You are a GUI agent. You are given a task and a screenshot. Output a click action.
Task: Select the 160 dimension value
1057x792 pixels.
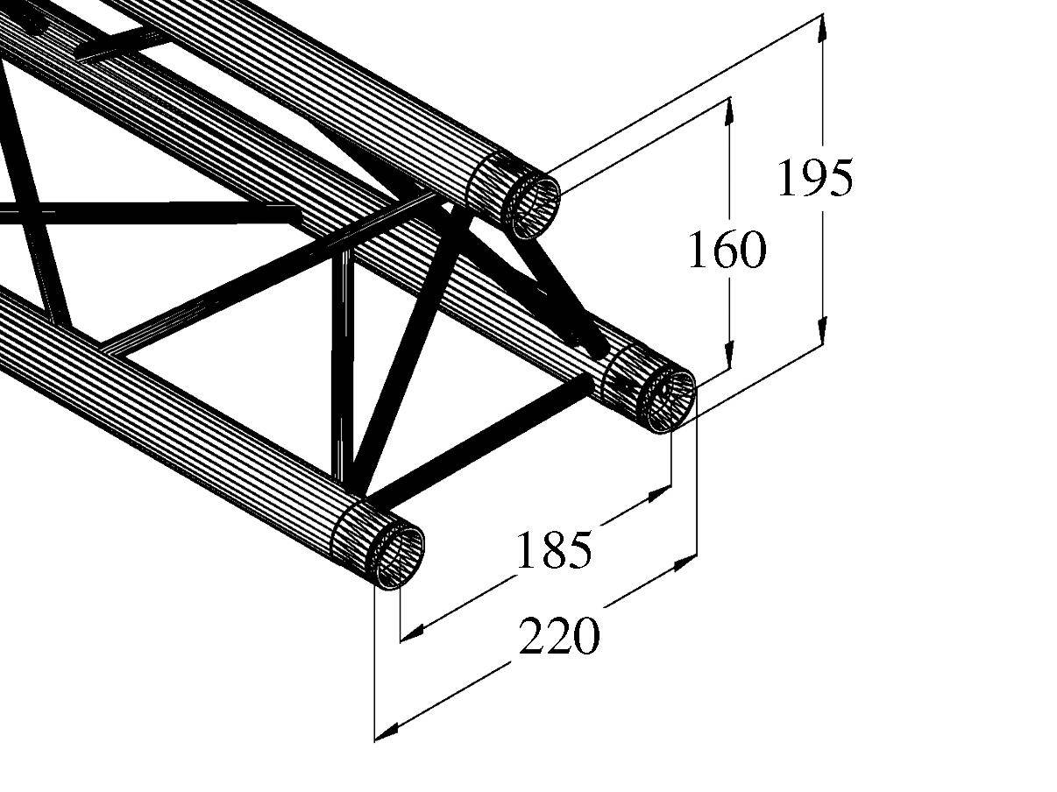[726, 251]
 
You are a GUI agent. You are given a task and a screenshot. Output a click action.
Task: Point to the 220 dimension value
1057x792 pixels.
[560, 637]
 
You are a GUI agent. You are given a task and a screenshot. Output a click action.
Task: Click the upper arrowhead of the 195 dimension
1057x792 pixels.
[822, 28]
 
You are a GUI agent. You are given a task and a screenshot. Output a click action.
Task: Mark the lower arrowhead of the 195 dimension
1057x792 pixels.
[822, 331]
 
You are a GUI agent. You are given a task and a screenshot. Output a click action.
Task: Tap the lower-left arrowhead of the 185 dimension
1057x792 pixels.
[413, 630]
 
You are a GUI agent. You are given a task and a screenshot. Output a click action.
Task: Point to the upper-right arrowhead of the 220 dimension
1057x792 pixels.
[685, 563]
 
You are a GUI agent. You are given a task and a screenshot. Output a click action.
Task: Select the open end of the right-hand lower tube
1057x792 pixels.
[670, 395]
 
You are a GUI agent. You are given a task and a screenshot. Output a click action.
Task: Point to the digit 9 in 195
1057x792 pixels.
[814, 179]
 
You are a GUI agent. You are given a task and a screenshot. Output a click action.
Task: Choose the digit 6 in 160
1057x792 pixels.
[726, 251]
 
